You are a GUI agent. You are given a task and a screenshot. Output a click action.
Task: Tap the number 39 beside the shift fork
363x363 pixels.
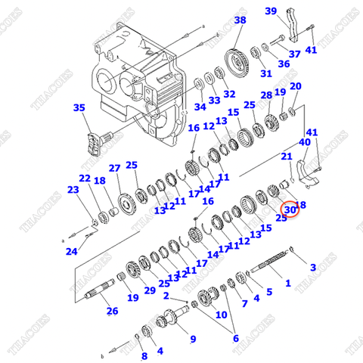(270, 11)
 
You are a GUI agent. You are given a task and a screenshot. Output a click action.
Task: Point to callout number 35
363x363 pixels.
(79, 108)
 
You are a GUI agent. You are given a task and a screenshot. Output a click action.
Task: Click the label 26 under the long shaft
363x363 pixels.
(112, 311)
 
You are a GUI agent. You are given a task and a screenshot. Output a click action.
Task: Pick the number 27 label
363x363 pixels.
(114, 168)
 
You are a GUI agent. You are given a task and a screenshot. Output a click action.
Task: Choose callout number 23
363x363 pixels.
(73, 190)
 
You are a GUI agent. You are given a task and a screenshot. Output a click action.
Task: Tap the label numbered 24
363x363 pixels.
(70, 251)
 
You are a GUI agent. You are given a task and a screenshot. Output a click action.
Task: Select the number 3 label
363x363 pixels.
(313, 267)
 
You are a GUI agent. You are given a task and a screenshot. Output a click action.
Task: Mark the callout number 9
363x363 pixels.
(192, 339)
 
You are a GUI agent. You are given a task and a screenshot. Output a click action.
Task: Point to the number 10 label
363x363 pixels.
(221, 314)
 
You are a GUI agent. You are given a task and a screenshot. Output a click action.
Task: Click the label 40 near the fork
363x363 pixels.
(304, 141)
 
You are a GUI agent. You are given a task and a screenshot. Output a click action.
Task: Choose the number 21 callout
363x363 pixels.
(287, 157)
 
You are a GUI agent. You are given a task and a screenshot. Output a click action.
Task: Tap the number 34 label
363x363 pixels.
(198, 106)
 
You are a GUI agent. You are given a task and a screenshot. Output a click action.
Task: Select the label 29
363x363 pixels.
(149, 290)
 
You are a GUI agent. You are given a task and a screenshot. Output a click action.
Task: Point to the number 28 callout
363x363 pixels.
(266, 95)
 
